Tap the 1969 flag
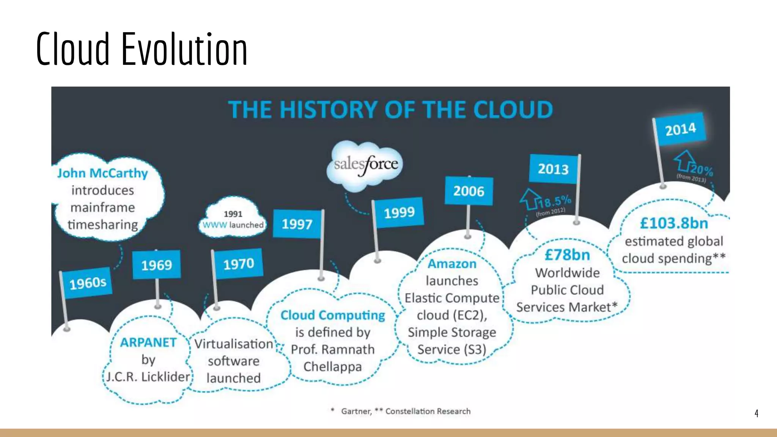coord(156,265)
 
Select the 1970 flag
coord(238,264)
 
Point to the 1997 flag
coord(297,224)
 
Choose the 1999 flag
coord(399,212)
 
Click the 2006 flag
coord(469,191)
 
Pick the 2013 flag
coord(554,169)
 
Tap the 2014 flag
coord(681,129)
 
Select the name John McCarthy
coord(102,173)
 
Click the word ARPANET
coord(148,342)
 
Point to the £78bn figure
coord(567,255)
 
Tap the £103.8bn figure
coord(674,223)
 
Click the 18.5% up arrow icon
coord(529,198)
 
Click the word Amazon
coord(452,264)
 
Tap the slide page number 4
coord(756,413)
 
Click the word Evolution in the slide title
coord(184,49)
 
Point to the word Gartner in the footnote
coord(356,411)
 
